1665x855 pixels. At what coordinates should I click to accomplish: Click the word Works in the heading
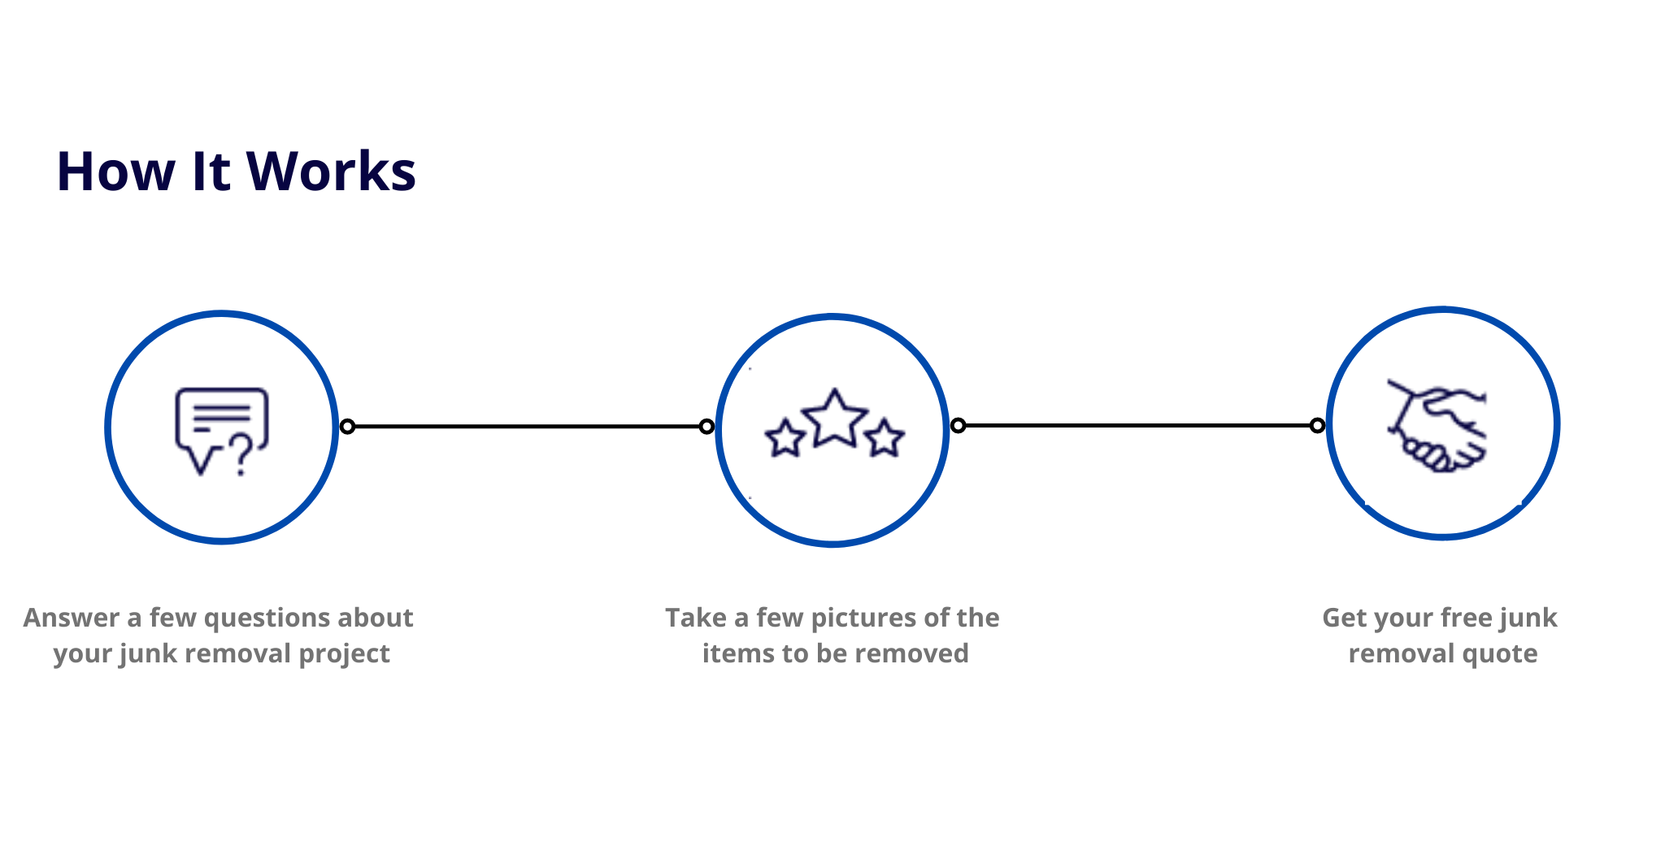331,171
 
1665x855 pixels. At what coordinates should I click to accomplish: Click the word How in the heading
115,171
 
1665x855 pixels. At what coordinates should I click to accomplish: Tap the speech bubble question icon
221,432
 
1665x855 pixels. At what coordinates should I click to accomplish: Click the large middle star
835,419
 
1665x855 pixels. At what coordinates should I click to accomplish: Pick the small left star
785,439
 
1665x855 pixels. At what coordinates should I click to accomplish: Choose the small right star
884,439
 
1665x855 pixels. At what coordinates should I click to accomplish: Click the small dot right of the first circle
347,426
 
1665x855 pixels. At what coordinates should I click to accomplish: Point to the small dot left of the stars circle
706,426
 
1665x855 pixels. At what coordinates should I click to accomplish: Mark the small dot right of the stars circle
959,425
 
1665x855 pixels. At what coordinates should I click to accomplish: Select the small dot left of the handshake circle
1317,425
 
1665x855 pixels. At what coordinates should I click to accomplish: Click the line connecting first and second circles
527,426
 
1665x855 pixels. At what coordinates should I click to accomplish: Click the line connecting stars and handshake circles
1138,425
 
